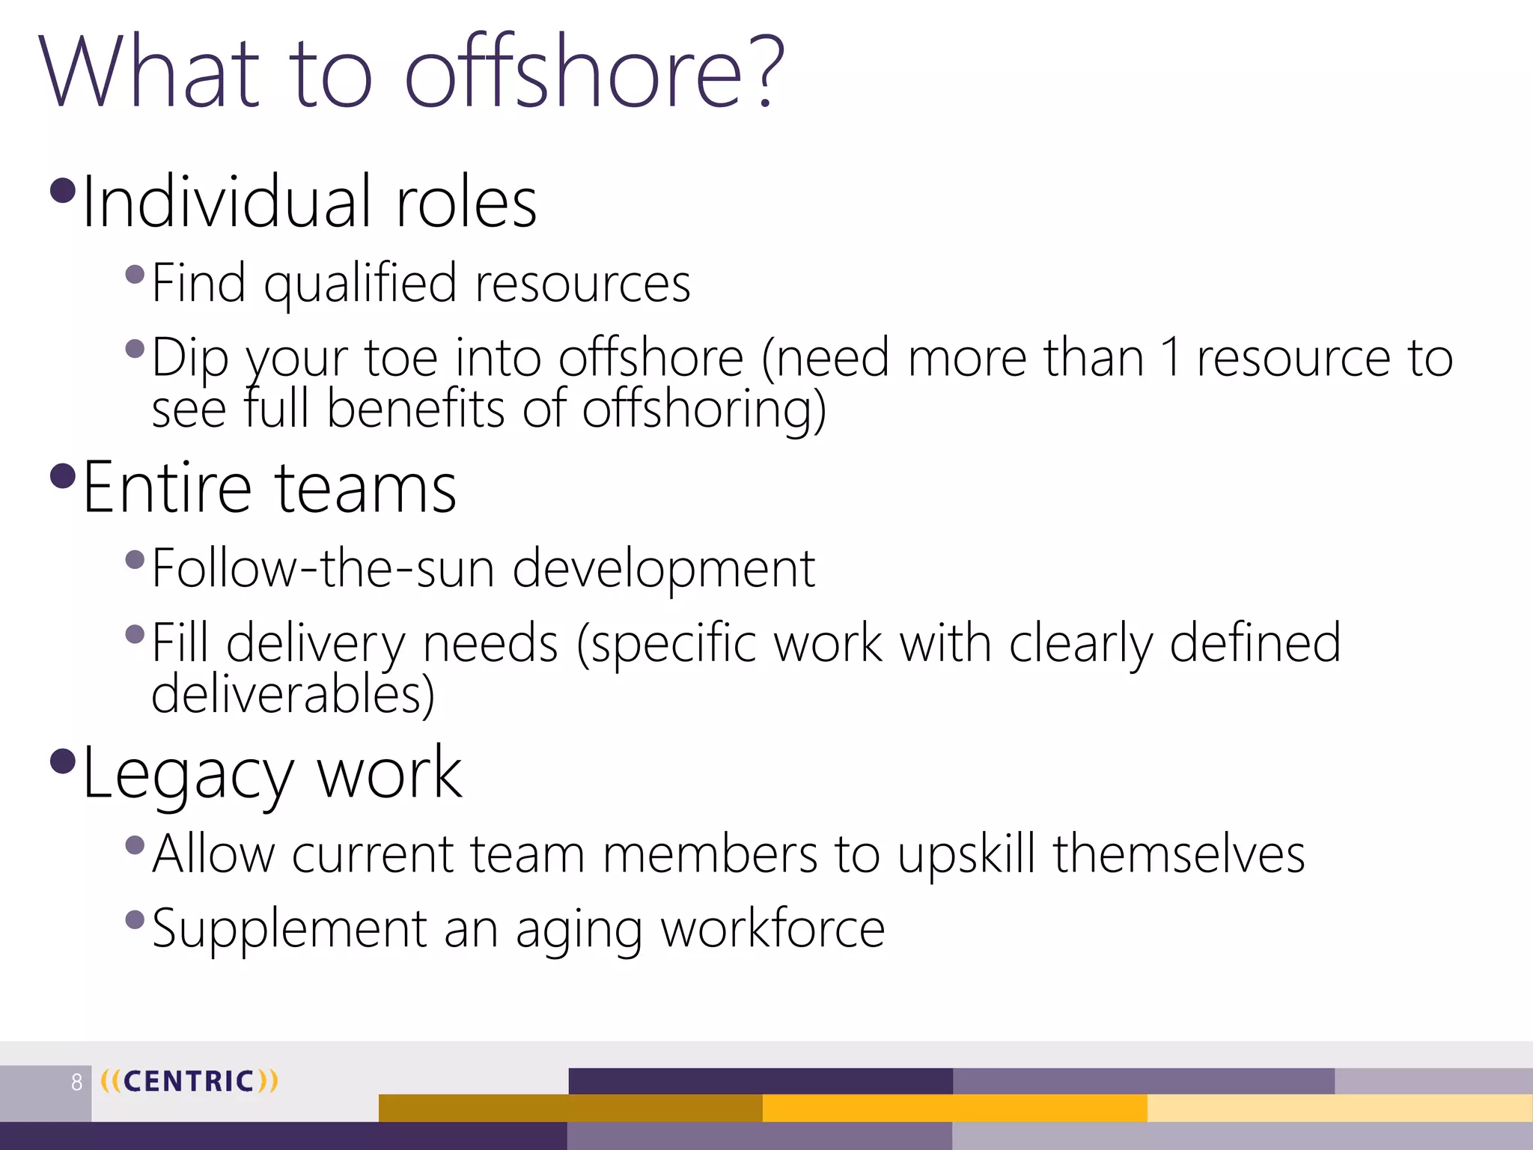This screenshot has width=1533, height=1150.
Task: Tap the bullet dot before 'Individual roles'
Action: pyautogui.click(x=63, y=190)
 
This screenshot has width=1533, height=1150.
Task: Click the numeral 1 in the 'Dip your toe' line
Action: pyautogui.click(x=1171, y=358)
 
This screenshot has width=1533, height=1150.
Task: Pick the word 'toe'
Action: pyautogui.click(x=400, y=358)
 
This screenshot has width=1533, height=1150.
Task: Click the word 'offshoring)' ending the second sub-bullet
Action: pyautogui.click(x=704, y=410)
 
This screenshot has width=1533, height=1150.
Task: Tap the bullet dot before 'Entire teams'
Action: pyautogui.click(x=63, y=475)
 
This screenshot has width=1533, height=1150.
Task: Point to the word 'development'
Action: pyautogui.click(x=663, y=570)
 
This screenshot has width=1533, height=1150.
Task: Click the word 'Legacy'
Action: pyautogui.click(x=187, y=775)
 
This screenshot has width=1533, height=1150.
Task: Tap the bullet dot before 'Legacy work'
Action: pyautogui.click(x=63, y=761)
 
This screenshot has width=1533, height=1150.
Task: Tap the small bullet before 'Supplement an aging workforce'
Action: pyautogui.click(x=135, y=919)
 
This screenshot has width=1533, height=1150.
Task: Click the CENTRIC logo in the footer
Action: pyautogui.click(x=189, y=1081)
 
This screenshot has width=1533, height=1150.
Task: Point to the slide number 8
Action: pyautogui.click(x=76, y=1082)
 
